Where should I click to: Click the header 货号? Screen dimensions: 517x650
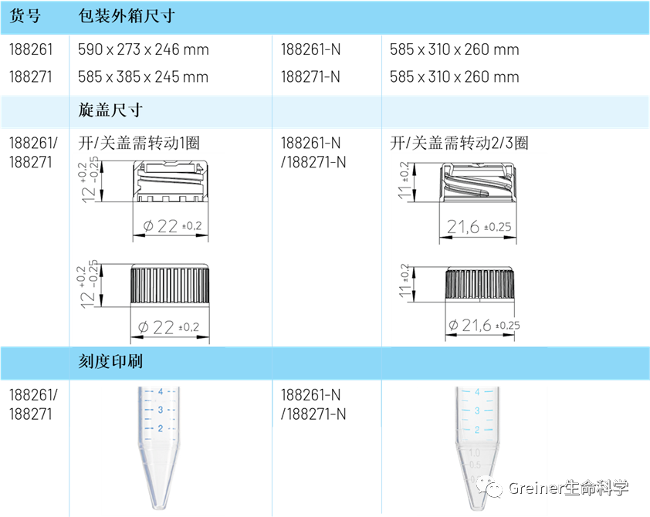[x=25, y=16]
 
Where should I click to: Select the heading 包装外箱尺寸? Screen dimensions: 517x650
[x=127, y=16]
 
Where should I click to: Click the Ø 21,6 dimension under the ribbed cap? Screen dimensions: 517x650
[x=483, y=326]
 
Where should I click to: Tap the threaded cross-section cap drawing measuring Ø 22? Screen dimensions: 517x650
[x=171, y=181]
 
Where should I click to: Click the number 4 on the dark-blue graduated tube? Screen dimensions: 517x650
[x=160, y=392]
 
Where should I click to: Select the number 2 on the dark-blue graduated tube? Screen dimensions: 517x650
[x=160, y=428]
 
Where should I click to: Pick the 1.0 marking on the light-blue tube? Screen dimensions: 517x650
[x=475, y=452]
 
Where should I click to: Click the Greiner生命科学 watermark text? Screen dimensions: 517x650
[x=568, y=488]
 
